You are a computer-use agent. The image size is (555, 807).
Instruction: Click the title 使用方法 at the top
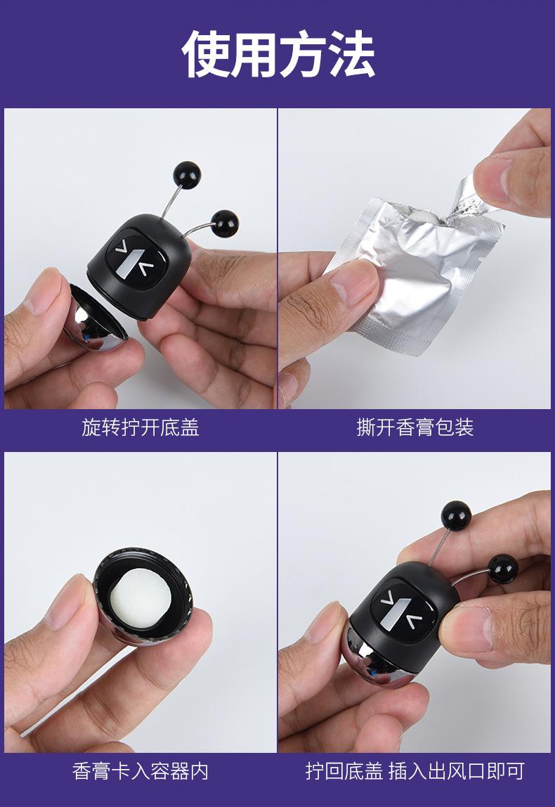(x=277, y=54)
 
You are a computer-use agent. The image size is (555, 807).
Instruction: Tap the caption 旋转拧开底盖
(x=140, y=427)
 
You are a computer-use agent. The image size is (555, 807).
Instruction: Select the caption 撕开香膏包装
(x=415, y=427)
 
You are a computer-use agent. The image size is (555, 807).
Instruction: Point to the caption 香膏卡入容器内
(x=140, y=771)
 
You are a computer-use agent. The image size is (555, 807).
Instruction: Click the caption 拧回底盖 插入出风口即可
(x=414, y=771)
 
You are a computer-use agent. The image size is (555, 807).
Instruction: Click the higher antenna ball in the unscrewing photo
(x=187, y=175)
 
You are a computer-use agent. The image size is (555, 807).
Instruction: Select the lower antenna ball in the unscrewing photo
(x=225, y=224)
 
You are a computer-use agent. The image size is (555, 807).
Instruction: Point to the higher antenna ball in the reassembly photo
(x=456, y=515)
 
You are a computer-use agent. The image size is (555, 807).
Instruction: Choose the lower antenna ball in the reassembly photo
(x=503, y=568)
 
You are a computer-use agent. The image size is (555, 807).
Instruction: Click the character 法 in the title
(x=351, y=54)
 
